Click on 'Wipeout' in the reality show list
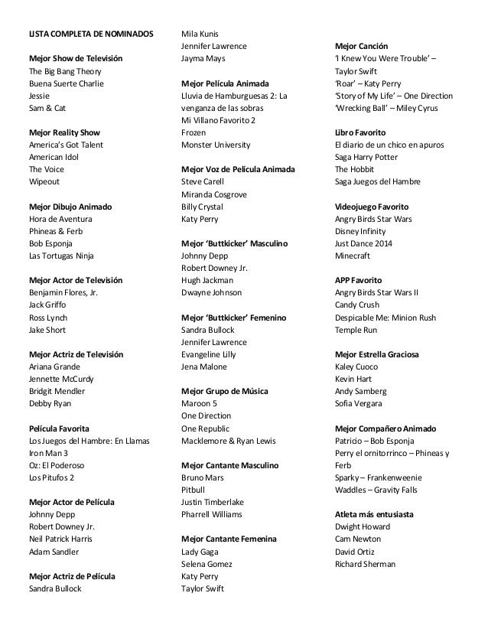tap(45, 181)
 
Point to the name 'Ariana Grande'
tap(55, 366)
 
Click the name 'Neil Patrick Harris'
tap(65, 539)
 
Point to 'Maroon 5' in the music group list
tap(199, 404)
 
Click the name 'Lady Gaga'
tap(200, 552)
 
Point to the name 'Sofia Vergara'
tap(359, 404)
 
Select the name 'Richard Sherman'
tap(366, 564)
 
